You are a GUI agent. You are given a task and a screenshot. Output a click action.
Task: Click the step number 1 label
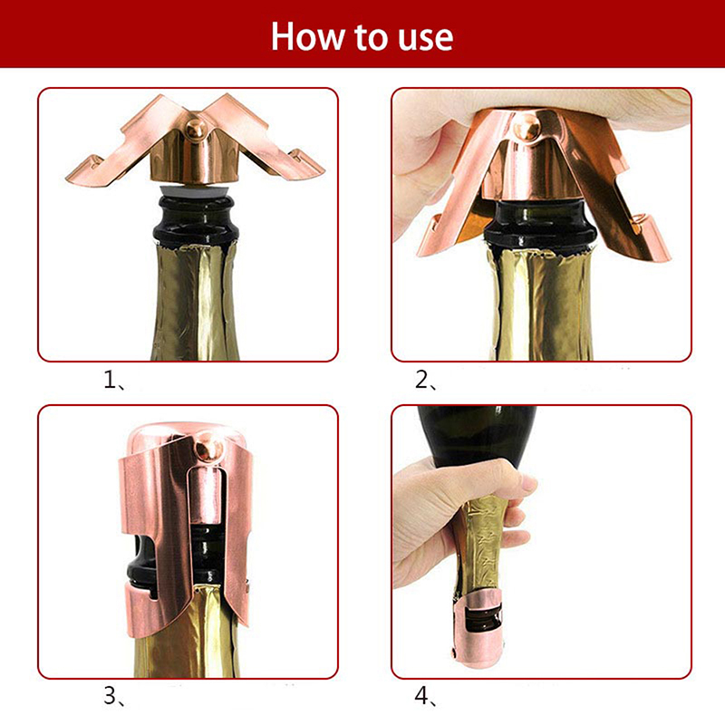[114, 381]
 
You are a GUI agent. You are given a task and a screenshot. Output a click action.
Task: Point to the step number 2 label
[425, 381]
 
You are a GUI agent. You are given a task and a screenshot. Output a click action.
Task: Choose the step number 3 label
[114, 696]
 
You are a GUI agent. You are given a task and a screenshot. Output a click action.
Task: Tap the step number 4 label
[425, 696]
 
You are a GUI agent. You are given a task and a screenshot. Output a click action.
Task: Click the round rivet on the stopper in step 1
[196, 129]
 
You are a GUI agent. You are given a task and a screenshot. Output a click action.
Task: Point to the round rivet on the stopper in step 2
[528, 126]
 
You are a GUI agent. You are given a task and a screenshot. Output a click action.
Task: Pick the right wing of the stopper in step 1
[268, 139]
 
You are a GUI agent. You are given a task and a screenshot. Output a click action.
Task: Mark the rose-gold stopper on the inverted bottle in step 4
[478, 629]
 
